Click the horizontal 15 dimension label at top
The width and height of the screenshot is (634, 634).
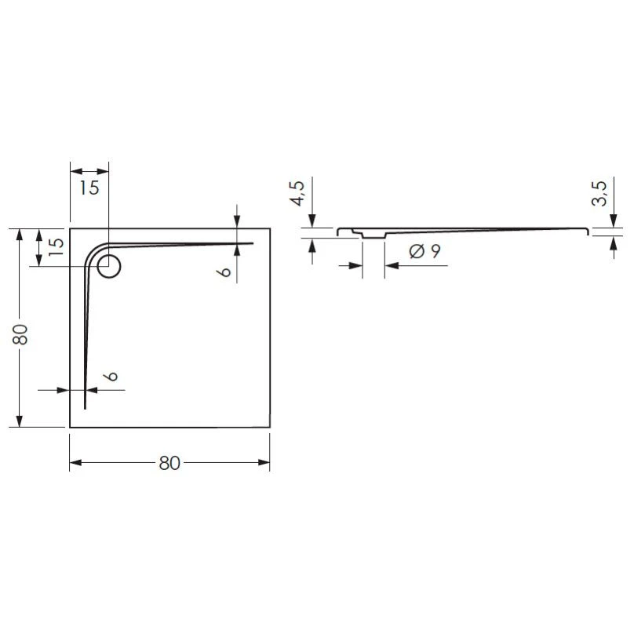[x=89, y=188]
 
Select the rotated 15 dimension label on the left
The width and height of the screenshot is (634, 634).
[x=56, y=243]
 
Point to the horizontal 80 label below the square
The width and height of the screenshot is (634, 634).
[x=169, y=464]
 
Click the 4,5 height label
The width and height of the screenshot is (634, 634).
[x=297, y=194]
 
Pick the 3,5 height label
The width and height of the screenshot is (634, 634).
[x=599, y=194]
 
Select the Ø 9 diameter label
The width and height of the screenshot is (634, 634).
[x=424, y=252]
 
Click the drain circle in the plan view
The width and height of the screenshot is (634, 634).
[x=109, y=267]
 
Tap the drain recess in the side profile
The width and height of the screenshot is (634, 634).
[x=373, y=233]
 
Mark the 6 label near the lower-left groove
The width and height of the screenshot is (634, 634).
[x=113, y=377]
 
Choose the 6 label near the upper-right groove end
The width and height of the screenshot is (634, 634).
[x=225, y=272]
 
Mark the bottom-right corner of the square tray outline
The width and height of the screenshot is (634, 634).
[x=271, y=428]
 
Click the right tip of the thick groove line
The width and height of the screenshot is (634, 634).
[x=253, y=243]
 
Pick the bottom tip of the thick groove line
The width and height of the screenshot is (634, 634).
[x=85, y=408]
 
